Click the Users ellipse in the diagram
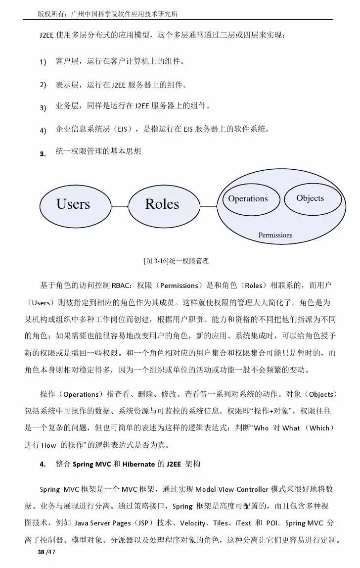click(73, 204)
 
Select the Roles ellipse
click(162, 204)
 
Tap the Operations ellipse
click(248, 198)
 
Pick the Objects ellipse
click(310, 198)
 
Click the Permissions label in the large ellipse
click(275, 235)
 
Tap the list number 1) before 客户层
click(43, 62)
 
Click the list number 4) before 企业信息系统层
click(43, 131)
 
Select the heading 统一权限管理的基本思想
click(98, 151)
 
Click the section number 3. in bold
click(43, 153)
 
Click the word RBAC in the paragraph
click(121, 285)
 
